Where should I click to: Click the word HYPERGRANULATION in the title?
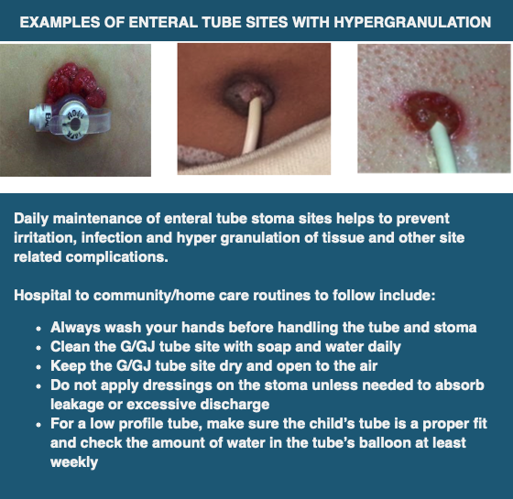click(413, 20)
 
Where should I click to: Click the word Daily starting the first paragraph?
click(34, 219)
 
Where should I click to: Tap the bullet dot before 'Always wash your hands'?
click(38, 328)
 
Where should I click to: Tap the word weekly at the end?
click(75, 462)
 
